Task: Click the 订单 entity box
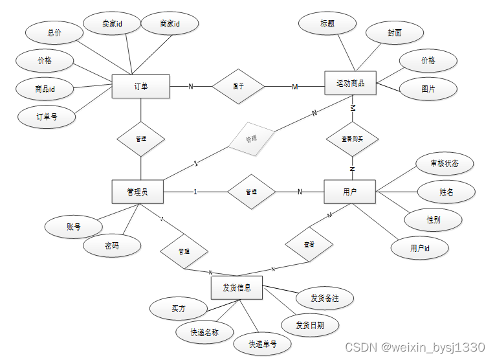140,86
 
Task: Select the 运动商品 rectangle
350,84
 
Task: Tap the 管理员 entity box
138,192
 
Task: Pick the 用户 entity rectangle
349,192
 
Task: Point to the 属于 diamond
239,86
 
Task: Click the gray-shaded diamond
251,139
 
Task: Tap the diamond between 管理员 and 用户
251,192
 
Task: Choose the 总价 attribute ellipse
54,33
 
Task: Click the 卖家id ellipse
112,25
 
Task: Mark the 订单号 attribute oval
47,117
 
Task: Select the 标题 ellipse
327,25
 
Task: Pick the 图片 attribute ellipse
428,89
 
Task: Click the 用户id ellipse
420,248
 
